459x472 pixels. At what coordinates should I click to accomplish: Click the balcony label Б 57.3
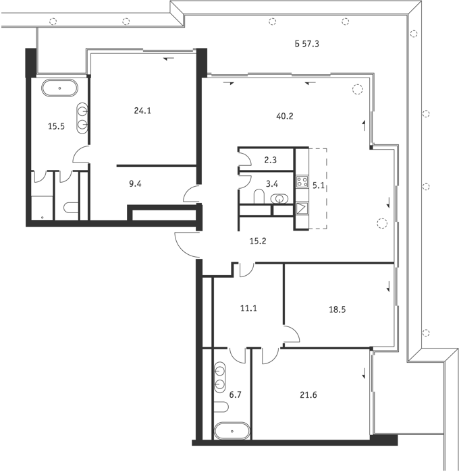(x=307, y=44)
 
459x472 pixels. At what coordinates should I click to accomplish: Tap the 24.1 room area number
(x=142, y=111)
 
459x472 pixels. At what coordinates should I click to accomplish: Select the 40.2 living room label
(x=285, y=116)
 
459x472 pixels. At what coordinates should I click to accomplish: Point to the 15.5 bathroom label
(x=56, y=126)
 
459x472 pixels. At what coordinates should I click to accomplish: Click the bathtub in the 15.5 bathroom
(x=59, y=88)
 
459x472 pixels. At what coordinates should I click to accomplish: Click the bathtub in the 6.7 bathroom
(x=232, y=431)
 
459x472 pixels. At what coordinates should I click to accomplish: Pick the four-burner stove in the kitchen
(x=302, y=181)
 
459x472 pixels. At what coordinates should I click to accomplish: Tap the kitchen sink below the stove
(x=302, y=208)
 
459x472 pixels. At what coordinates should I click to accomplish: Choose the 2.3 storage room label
(x=270, y=160)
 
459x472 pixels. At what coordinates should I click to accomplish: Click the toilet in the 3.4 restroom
(x=259, y=197)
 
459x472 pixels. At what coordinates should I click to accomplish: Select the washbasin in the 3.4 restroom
(x=279, y=198)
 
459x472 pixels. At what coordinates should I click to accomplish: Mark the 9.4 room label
(x=135, y=183)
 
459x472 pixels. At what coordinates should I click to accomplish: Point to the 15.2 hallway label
(x=258, y=241)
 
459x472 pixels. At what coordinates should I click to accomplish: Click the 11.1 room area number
(x=248, y=308)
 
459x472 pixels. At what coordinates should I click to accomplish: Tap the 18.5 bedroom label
(x=337, y=309)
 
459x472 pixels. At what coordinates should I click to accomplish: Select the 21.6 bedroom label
(x=308, y=394)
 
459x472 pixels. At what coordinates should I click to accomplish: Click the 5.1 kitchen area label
(x=318, y=185)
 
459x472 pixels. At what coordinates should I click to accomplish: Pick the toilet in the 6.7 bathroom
(x=221, y=407)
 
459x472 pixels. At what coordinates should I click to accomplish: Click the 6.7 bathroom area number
(x=236, y=394)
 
